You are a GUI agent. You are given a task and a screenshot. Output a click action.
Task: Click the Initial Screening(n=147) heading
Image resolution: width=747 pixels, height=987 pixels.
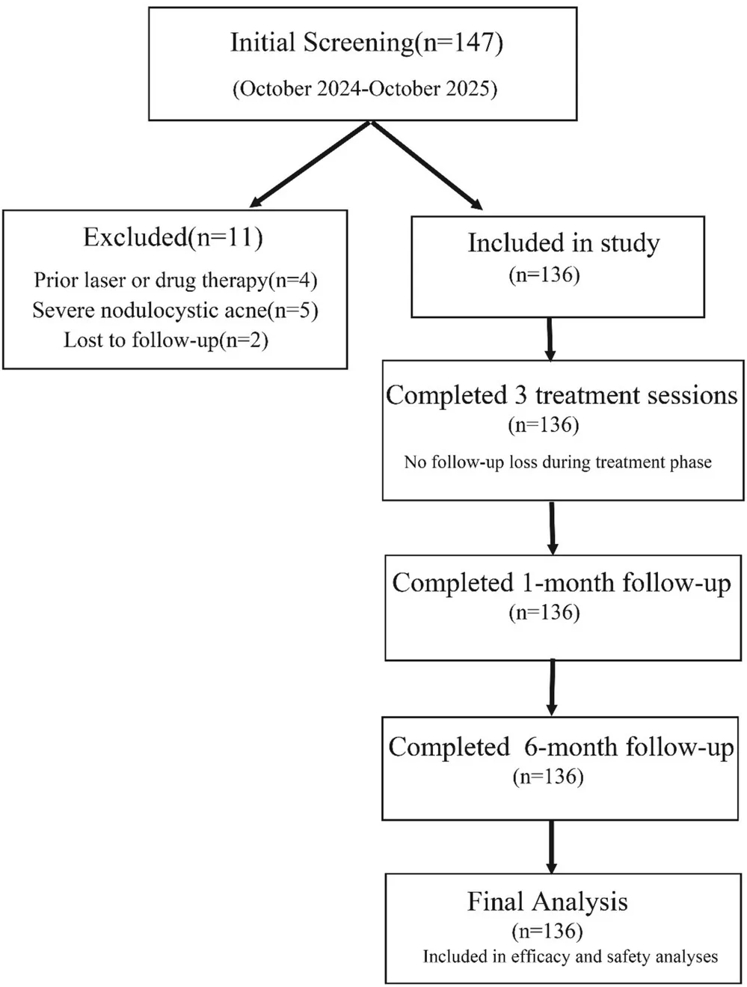366,43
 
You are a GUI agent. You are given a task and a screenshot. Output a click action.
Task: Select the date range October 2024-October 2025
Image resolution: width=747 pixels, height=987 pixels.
365,89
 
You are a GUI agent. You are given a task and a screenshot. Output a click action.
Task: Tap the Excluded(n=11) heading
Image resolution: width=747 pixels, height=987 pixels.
173,237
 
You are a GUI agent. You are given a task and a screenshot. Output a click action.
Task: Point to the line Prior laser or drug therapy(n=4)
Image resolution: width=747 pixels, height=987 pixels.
176,281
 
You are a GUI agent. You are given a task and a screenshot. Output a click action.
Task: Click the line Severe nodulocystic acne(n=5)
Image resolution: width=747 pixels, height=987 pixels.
175,311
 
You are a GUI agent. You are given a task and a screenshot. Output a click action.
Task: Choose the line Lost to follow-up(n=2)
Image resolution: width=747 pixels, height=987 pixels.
166,340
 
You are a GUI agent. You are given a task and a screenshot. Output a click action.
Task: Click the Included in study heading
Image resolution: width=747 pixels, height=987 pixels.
564,244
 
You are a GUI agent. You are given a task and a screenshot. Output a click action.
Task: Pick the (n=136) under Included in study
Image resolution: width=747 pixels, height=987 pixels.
544,275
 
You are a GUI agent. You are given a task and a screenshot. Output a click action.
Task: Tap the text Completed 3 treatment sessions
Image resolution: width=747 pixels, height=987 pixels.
562,396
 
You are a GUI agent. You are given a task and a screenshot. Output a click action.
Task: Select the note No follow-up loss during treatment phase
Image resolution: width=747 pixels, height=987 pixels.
558,462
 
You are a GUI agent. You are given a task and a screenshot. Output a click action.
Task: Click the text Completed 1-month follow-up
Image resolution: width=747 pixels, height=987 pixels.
562,583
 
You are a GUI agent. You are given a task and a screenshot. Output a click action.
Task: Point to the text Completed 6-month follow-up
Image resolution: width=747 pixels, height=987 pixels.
561,747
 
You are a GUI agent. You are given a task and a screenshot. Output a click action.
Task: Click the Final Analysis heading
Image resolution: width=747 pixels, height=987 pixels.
547,902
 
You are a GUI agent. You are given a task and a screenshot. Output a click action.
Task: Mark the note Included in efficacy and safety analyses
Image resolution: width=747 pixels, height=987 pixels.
571,956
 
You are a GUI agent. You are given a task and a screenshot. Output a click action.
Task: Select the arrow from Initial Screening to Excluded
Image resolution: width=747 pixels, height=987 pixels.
310,164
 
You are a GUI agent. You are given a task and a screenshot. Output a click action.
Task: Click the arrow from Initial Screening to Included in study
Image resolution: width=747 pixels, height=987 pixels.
427,165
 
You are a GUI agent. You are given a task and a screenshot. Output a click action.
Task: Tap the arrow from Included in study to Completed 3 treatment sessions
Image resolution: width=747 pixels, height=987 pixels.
550,339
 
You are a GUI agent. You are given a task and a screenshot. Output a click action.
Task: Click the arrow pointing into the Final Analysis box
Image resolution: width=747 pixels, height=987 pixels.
551,847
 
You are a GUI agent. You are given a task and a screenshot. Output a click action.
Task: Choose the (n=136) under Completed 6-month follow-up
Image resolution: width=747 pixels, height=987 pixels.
548,777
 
